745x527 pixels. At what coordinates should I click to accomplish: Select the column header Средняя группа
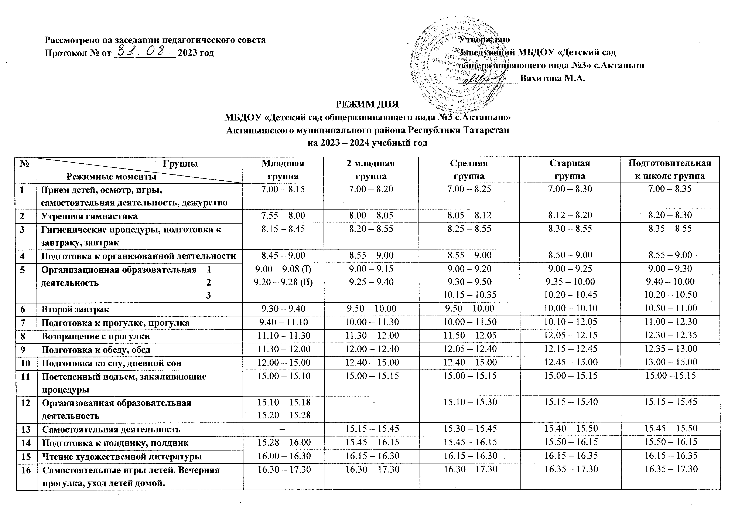pyautogui.click(x=469, y=170)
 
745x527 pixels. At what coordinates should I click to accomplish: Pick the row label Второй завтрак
pyautogui.click(x=75, y=309)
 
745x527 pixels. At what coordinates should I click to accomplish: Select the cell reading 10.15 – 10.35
pyautogui.click(x=469, y=295)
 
